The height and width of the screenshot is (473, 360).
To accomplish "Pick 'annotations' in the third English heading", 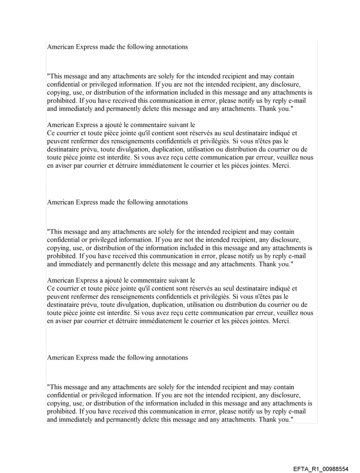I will click(171, 358).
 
